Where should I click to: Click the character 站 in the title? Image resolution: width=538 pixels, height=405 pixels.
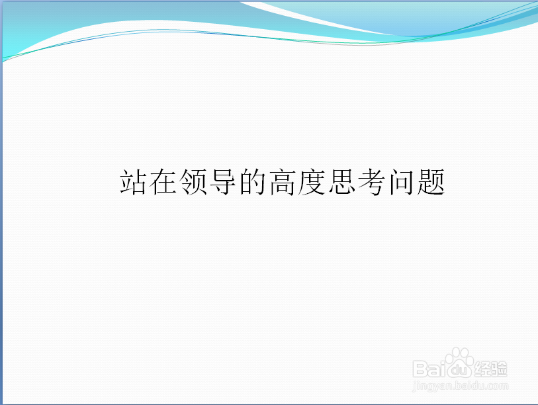[x=133, y=182]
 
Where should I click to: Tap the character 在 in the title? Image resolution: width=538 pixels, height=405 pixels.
[x=163, y=182]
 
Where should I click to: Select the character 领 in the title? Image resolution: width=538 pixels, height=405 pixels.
[x=193, y=182]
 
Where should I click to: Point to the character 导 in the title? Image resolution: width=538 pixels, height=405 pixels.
[x=222, y=182]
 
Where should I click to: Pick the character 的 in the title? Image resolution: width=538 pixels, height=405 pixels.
[x=252, y=182]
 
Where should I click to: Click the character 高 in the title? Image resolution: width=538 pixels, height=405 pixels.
[x=282, y=182]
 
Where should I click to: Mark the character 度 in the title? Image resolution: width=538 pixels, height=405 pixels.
[x=312, y=182]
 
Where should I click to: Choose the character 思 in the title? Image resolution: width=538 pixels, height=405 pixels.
[x=341, y=182]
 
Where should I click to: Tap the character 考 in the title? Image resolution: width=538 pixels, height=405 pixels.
[x=371, y=182]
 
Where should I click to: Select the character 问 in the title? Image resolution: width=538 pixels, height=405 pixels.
[x=401, y=182]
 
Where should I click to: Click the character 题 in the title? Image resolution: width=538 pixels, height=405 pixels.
[x=431, y=182]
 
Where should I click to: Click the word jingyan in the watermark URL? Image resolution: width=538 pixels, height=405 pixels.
[x=431, y=385]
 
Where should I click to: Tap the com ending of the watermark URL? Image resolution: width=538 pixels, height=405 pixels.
[x=500, y=384]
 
